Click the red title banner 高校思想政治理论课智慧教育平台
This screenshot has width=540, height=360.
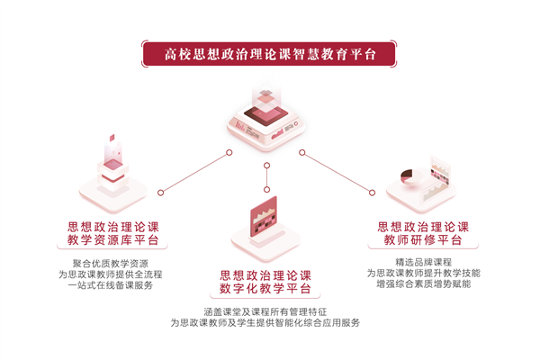[270, 52]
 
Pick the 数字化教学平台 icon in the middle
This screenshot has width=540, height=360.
[265, 225]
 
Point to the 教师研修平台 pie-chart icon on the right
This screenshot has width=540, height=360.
[423, 180]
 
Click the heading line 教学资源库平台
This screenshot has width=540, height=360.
[112, 240]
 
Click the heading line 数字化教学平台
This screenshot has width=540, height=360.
[265, 289]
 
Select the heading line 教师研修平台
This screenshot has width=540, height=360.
[423, 240]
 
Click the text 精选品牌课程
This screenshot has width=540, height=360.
[423, 261]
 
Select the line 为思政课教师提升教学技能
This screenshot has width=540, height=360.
[423, 273]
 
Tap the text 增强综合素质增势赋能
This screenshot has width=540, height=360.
[423, 284]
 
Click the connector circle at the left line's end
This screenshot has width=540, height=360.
[160, 192]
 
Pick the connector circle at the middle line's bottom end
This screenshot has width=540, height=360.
[266, 190]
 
